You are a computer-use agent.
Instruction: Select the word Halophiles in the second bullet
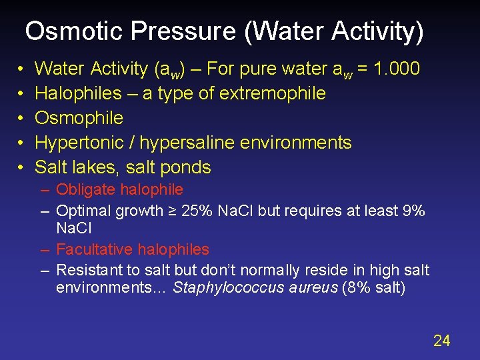pyautogui.click(x=78, y=93)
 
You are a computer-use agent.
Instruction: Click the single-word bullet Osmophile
pyautogui.click(x=79, y=117)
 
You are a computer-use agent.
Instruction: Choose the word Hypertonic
pyautogui.click(x=77, y=142)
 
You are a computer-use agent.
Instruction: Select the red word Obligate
pyautogui.click(x=84, y=190)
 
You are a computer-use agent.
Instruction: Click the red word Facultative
pyautogui.click(x=93, y=249)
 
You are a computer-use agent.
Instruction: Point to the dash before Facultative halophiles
pyautogui.click(x=45, y=249)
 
